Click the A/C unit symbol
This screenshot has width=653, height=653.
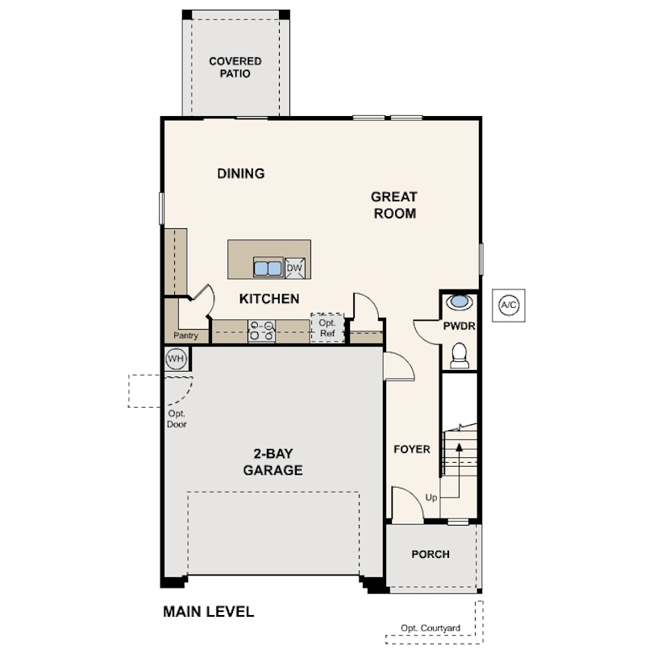point(509,306)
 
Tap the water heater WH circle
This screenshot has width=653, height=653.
point(177,359)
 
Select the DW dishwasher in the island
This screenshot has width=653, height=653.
point(295,268)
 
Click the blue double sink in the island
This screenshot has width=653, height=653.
point(268,268)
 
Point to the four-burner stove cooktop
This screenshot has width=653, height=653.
point(261,331)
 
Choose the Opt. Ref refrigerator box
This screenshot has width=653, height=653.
point(327,328)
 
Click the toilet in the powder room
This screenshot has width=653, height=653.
point(460,356)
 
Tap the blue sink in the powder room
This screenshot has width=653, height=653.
point(460,302)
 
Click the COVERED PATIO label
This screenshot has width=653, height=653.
point(235,68)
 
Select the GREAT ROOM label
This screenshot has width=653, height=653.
point(394,205)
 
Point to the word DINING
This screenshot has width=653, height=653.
point(241,173)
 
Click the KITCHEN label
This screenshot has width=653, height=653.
point(269,298)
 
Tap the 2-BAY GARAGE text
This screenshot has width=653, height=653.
point(272,462)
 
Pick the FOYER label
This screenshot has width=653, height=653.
point(412,449)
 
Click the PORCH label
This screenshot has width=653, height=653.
point(430,555)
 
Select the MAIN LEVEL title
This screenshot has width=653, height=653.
point(208,612)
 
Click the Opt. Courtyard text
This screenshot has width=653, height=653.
point(430,628)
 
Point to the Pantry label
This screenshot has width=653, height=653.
point(185,335)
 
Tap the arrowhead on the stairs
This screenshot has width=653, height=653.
point(460,447)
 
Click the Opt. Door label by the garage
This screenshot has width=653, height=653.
point(177,419)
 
